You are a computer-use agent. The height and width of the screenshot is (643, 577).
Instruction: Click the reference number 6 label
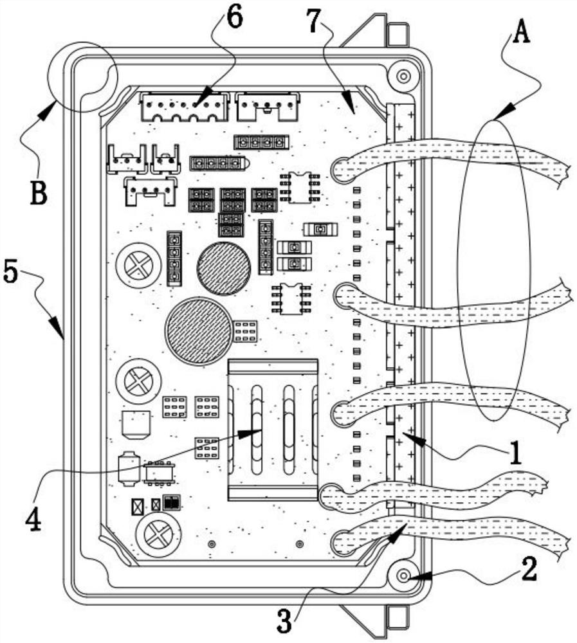[x=234, y=18]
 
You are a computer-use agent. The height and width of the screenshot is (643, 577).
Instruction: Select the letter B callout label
[x=39, y=192]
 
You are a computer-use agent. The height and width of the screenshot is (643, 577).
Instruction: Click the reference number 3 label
[x=284, y=620]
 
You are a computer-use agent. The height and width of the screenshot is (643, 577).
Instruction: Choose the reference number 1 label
[x=515, y=455]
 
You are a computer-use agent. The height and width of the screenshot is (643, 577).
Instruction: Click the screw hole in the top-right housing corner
[x=403, y=77]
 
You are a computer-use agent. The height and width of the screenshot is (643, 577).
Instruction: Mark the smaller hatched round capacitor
[x=224, y=267]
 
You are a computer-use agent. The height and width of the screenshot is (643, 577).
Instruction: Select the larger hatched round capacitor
[x=198, y=331]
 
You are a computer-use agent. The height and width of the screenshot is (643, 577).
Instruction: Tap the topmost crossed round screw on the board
[x=138, y=265]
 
